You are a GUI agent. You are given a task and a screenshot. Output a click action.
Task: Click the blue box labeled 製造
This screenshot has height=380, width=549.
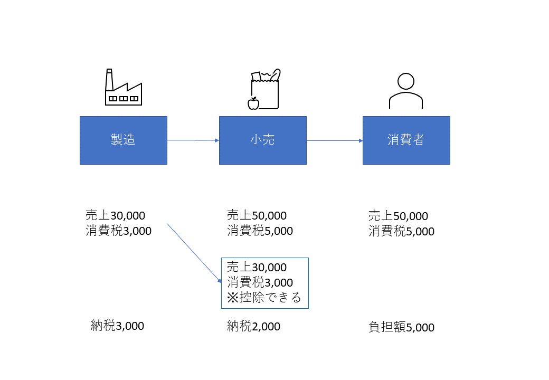coord(124,140)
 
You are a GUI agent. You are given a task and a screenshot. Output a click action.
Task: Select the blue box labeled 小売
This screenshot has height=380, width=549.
coord(262,140)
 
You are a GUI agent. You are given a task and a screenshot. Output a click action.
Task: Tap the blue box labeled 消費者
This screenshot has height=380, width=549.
coord(406,140)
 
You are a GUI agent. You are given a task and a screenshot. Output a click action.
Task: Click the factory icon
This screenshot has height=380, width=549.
coord(123,88)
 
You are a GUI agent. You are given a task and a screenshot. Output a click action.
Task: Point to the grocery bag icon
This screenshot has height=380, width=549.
coord(265,90)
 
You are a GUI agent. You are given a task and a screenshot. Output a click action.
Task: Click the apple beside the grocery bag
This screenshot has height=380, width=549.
coord(253,103)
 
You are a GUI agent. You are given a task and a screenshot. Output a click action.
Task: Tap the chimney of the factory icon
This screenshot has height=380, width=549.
coord(109,80)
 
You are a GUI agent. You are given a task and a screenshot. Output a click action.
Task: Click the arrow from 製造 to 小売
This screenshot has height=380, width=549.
coord(193,140)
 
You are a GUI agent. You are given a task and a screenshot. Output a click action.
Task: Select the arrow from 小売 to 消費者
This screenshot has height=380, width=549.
coord(335,141)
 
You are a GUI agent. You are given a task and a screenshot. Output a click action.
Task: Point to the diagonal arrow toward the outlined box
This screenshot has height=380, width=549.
coord(194,252)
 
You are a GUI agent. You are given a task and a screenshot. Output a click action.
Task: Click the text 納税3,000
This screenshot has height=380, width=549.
coord(117,326)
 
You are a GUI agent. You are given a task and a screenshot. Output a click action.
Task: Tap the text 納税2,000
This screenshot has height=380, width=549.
coord(253,327)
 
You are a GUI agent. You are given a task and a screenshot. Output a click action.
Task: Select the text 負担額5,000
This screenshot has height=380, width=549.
coord(401,328)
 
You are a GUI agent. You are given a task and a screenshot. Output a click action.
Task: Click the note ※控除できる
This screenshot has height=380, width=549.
coord(264,298)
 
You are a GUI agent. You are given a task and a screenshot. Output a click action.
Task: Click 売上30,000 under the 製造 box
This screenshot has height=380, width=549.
coord(115,215)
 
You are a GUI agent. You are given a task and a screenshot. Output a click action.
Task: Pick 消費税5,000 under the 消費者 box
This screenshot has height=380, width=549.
coord(401,232)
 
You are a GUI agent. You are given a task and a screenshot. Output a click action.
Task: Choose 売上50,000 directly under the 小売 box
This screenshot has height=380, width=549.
coord(257,215)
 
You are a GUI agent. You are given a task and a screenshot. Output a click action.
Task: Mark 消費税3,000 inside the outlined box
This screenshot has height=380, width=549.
coord(260,282)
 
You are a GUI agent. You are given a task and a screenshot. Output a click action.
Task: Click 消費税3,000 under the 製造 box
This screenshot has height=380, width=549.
coord(118,231)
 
